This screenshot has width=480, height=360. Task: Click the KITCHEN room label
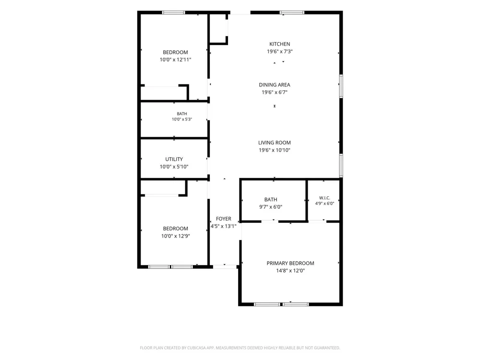coord(279,44)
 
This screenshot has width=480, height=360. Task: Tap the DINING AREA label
coord(274,85)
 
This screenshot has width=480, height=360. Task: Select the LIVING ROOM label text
coord(274,143)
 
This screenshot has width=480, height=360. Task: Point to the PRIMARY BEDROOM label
coord(290,263)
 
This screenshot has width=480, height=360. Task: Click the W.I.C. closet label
coord(324,198)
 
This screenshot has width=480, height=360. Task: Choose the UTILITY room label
coord(174,159)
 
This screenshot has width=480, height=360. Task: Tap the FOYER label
coord(224,219)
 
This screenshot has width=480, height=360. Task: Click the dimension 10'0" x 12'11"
coord(175,60)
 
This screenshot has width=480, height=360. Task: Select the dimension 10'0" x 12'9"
coord(175,236)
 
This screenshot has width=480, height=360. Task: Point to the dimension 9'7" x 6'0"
coord(271,207)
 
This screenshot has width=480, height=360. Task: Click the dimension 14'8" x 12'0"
coord(290,271)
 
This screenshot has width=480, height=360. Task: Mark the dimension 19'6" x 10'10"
coord(274,150)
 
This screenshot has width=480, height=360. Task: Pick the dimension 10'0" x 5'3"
coord(182,120)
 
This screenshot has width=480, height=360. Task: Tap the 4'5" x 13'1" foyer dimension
coord(224,226)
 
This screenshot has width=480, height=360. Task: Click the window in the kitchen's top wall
coord(292,12)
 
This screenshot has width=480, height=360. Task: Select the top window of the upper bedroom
coord(173,12)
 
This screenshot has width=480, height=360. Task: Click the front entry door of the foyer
coord(225,267)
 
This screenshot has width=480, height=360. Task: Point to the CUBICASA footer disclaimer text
coord(240,348)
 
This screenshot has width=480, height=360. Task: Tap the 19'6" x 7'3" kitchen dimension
coord(279,51)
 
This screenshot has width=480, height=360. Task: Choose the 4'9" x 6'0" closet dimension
coord(324,203)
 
